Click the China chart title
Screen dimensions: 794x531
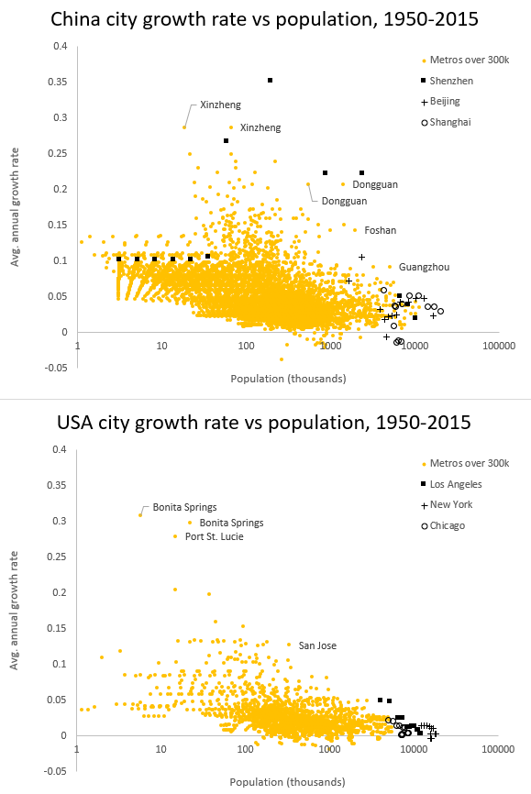[x=264, y=19]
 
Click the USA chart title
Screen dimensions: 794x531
[x=264, y=423]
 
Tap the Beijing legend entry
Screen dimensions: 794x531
[x=445, y=102]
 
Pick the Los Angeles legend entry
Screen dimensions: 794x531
[x=456, y=484]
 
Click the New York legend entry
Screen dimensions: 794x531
[x=450, y=505]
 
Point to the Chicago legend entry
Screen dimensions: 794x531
[x=448, y=525]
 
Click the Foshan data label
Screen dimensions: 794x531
[x=381, y=230]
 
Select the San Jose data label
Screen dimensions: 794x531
[x=317, y=645]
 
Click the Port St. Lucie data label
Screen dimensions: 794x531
[x=215, y=536]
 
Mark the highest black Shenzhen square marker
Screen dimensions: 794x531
[x=271, y=81]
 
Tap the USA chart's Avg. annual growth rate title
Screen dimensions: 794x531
[x=15, y=609]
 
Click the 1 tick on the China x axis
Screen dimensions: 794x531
[x=78, y=347]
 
